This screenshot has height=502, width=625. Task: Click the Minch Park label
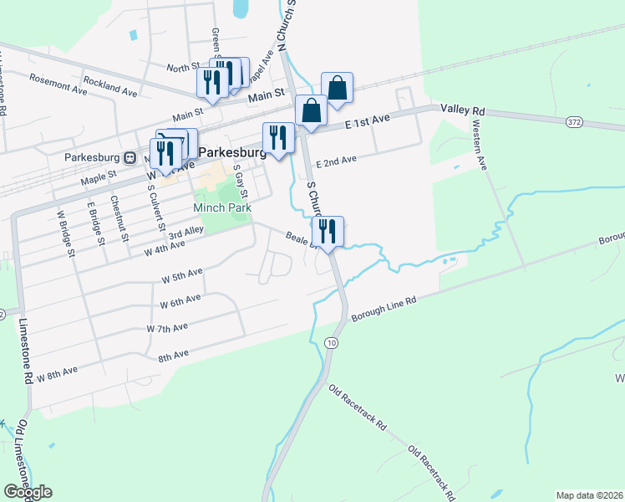[221, 207]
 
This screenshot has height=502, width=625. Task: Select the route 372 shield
[573, 122]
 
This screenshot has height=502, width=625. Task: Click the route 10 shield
[332, 343]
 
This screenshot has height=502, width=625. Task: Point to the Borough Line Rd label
[384, 310]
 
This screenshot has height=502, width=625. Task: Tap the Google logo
[28, 492]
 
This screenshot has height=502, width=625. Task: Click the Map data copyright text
[590, 495]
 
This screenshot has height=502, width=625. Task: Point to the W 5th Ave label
[182, 274]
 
